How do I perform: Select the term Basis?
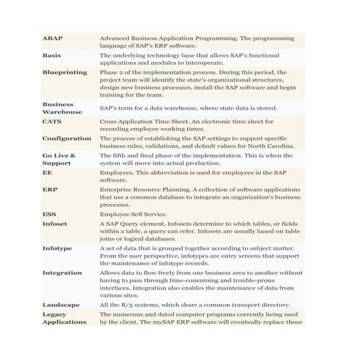52,55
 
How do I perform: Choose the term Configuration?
66,138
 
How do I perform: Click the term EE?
47,174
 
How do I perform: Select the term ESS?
49,215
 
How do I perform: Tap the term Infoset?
55,224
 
